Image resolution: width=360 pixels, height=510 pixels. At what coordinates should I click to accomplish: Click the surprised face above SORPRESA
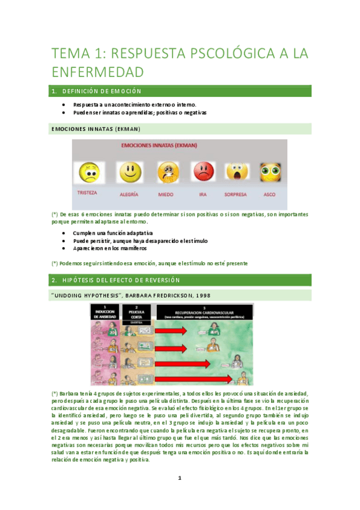[237, 173]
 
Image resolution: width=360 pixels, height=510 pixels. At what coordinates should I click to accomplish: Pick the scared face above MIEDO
[167, 173]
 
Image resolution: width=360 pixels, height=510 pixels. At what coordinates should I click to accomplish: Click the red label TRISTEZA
[88, 194]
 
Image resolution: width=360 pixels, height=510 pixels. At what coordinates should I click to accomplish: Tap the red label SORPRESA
[236, 195]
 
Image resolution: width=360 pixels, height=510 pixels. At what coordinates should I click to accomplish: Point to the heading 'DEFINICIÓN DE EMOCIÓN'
[101, 91]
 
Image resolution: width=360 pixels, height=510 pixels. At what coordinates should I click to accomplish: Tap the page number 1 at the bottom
[179, 479]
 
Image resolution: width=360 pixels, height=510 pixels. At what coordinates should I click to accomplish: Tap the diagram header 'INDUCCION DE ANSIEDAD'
[105, 310]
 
